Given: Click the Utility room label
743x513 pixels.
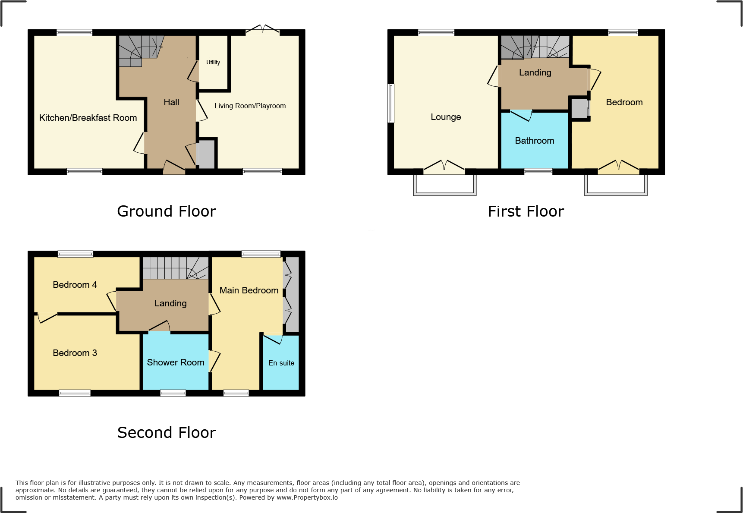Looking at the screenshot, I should [213, 63].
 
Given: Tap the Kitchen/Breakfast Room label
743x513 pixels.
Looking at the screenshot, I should [88, 118].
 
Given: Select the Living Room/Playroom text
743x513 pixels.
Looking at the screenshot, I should [250, 106].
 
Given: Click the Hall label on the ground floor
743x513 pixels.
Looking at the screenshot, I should [171, 102].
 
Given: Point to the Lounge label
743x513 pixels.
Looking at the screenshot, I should [446, 117].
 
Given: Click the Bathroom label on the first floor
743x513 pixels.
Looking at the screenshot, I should [534, 141].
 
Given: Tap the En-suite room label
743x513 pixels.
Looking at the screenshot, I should [281, 363].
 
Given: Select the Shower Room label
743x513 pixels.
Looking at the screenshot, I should [176, 362].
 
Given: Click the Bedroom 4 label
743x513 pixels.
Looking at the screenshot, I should [75, 285].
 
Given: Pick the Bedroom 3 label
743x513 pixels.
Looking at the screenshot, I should [75, 353].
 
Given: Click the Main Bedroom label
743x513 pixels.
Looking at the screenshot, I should [249, 290].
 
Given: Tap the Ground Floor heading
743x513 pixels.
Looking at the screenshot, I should [166, 211].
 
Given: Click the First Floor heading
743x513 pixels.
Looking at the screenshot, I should [526, 211].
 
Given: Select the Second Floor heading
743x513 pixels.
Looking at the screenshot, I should [166, 433].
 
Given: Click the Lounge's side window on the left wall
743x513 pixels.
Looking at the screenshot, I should [391, 104].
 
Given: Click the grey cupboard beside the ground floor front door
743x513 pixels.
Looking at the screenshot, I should [205, 154].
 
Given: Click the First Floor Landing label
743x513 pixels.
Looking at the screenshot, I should [535, 72].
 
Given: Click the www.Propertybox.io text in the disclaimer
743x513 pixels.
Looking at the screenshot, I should [307, 497].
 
